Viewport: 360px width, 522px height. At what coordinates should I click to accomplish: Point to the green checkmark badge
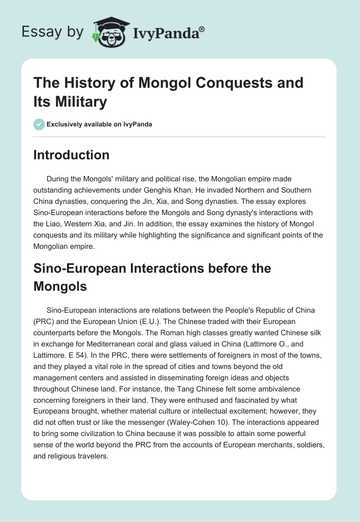pos(39,124)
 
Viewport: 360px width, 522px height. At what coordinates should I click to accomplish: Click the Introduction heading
pos(72,155)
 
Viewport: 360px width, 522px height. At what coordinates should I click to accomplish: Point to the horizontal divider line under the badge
pos(179,136)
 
